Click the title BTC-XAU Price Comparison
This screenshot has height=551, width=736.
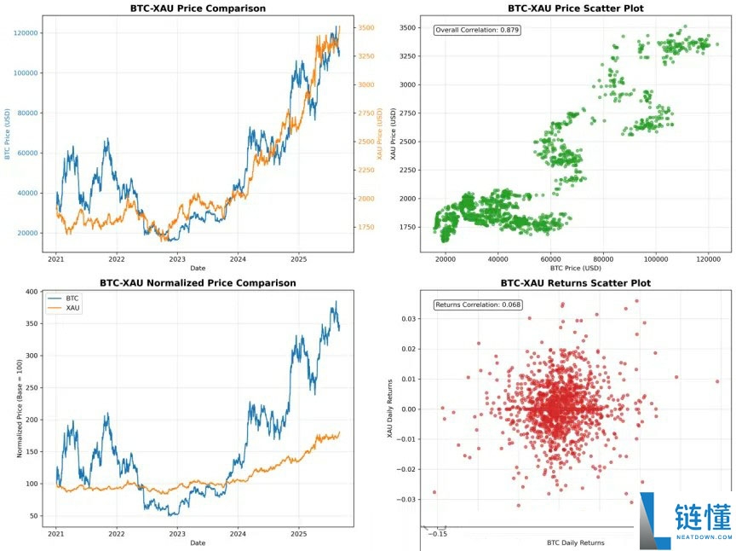coord(198,9)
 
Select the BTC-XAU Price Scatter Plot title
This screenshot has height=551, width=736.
coord(575,9)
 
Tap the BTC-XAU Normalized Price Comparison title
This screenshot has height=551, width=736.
coord(198,282)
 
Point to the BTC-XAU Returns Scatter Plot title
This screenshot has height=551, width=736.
coord(575,282)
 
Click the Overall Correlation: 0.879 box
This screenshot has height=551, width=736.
coord(476,30)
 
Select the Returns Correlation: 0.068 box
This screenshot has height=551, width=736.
coord(478,304)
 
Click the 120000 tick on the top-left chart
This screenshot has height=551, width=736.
coord(26,32)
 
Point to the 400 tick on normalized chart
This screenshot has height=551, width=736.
coord(32,292)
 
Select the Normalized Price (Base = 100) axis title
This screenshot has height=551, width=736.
coord(20,408)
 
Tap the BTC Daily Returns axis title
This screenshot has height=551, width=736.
coord(575,542)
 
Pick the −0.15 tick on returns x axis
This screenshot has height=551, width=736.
coord(438,534)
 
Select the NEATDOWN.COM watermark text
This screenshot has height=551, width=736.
coord(703,538)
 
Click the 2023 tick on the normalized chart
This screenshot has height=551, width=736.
coord(177,533)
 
